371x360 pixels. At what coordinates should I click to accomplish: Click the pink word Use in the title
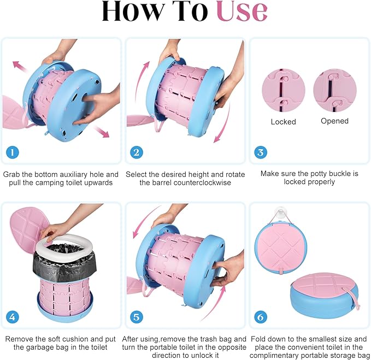click(x=242, y=11)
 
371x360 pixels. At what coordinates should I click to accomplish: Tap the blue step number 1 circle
click(x=13, y=152)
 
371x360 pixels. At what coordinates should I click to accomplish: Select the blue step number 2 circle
click(x=137, y=152)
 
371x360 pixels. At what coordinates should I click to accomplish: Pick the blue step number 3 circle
click(x=261, y=152)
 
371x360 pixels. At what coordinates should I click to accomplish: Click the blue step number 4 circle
click(x=13, y=317)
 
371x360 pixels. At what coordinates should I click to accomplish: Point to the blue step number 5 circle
click(x=137, y=317)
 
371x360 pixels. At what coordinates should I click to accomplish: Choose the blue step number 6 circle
click(x=261, y=317)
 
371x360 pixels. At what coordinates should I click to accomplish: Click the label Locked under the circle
click(x=284, y=122)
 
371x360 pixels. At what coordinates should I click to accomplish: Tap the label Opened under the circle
click(x=334, y=121)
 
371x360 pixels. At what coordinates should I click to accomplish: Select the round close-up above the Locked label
click(x=284, y=90)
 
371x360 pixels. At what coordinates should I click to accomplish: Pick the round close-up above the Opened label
click(x=335, y=90)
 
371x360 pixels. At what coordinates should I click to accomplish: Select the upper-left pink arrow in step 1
click(x=21, y=66)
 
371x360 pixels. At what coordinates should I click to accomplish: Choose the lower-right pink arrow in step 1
click(x=102, y=132)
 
